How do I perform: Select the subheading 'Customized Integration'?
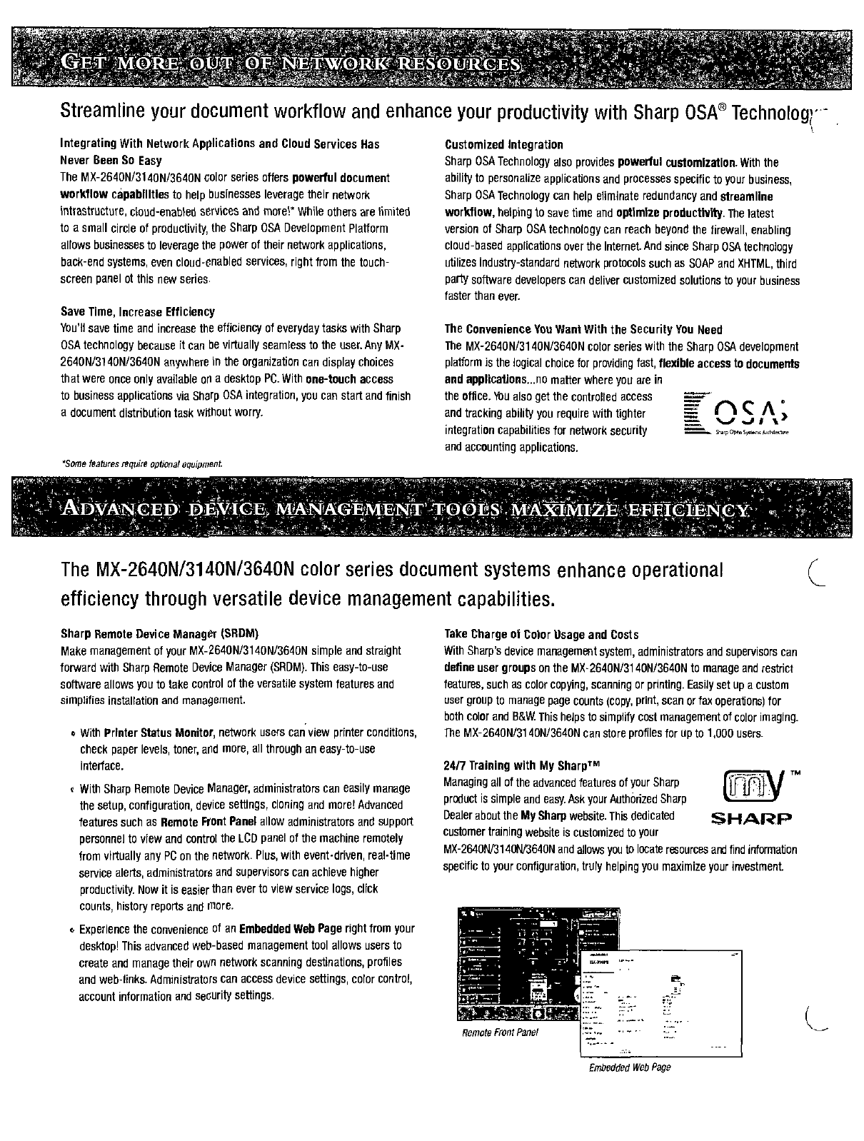[503, 145]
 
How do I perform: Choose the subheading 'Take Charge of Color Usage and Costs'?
[541, 635]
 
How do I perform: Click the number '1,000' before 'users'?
[724, 734]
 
